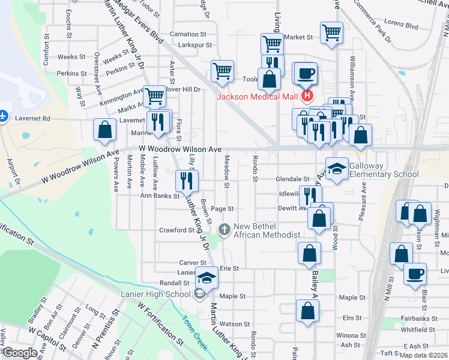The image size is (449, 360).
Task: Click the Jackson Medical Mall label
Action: coord(258,97)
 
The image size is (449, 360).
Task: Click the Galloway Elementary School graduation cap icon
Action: coord(337,167)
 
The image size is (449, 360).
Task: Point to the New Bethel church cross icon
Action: coord(224,229)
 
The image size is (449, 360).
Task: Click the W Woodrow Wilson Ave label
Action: coord(180,148)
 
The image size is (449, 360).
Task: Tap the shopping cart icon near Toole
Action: coord(223,71)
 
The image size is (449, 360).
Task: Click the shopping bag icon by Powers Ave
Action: coord(105,129)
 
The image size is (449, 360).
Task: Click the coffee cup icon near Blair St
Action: coord(415,274)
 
